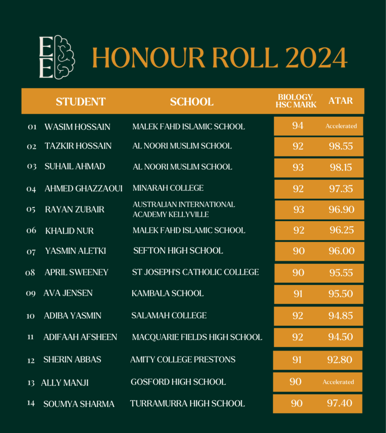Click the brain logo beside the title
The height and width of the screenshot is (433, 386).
57,57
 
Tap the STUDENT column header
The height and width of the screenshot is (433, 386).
80,102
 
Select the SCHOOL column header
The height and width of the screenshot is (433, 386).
191,102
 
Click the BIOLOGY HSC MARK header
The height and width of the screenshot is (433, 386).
296,101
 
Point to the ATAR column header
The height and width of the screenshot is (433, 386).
341,101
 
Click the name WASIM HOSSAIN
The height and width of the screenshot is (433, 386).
77,126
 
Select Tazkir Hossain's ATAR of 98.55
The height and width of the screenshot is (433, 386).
341,146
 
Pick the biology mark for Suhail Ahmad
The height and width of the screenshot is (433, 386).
298,167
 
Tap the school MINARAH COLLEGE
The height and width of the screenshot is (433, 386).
168,188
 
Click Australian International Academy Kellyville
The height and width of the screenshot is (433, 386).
183,209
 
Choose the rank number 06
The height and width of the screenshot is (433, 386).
31,231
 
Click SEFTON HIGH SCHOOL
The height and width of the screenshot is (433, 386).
178,250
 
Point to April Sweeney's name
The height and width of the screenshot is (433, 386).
76,272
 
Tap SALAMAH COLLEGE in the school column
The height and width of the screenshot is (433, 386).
169,316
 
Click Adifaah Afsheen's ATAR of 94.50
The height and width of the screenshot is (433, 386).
341,337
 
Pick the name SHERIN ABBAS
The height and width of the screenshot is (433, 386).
72,359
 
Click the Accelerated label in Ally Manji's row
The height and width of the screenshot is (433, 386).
338,382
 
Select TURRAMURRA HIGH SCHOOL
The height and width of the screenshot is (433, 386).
187,403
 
